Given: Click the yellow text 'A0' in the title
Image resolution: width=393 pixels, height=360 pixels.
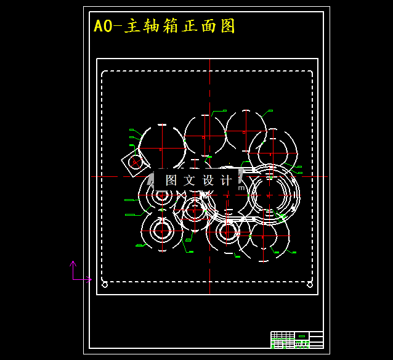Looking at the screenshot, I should pos(102,27).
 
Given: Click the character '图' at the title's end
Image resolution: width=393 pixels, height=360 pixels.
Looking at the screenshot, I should pos(228,27).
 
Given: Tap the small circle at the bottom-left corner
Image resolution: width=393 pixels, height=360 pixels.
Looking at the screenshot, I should pos(105,284).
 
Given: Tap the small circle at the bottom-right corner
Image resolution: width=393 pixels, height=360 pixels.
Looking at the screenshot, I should pos(310,284).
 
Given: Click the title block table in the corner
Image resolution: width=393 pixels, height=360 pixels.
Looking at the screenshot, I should pos(297,340).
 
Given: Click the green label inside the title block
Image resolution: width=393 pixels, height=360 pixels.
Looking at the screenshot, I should pos(301,336).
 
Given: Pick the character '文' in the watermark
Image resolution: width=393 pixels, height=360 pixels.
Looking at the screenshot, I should pos(190,180).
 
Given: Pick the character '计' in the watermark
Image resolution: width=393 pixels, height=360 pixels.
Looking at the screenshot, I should pos(226,180).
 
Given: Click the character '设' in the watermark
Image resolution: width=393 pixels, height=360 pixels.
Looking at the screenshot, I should pos(208,180).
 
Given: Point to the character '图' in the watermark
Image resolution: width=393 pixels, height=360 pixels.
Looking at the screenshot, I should pos(171,180).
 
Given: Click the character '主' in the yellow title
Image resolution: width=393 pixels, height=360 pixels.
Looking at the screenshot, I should pos(132,27).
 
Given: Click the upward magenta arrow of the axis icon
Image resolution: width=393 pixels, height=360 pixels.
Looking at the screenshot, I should pos(73,264).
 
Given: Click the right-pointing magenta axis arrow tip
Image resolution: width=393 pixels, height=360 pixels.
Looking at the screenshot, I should pos(90,279).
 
